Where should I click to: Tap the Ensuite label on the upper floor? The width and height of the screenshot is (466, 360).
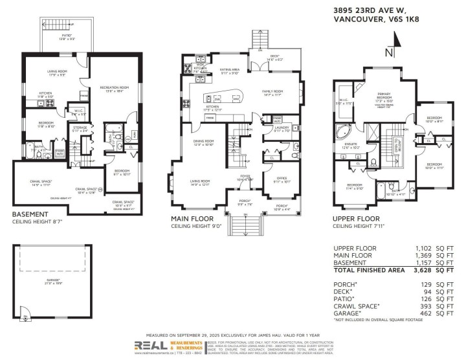pyautogui.click(x=350, y=145)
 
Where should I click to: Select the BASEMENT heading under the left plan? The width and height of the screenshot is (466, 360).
pyautogui.click(x=30, y=213)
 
